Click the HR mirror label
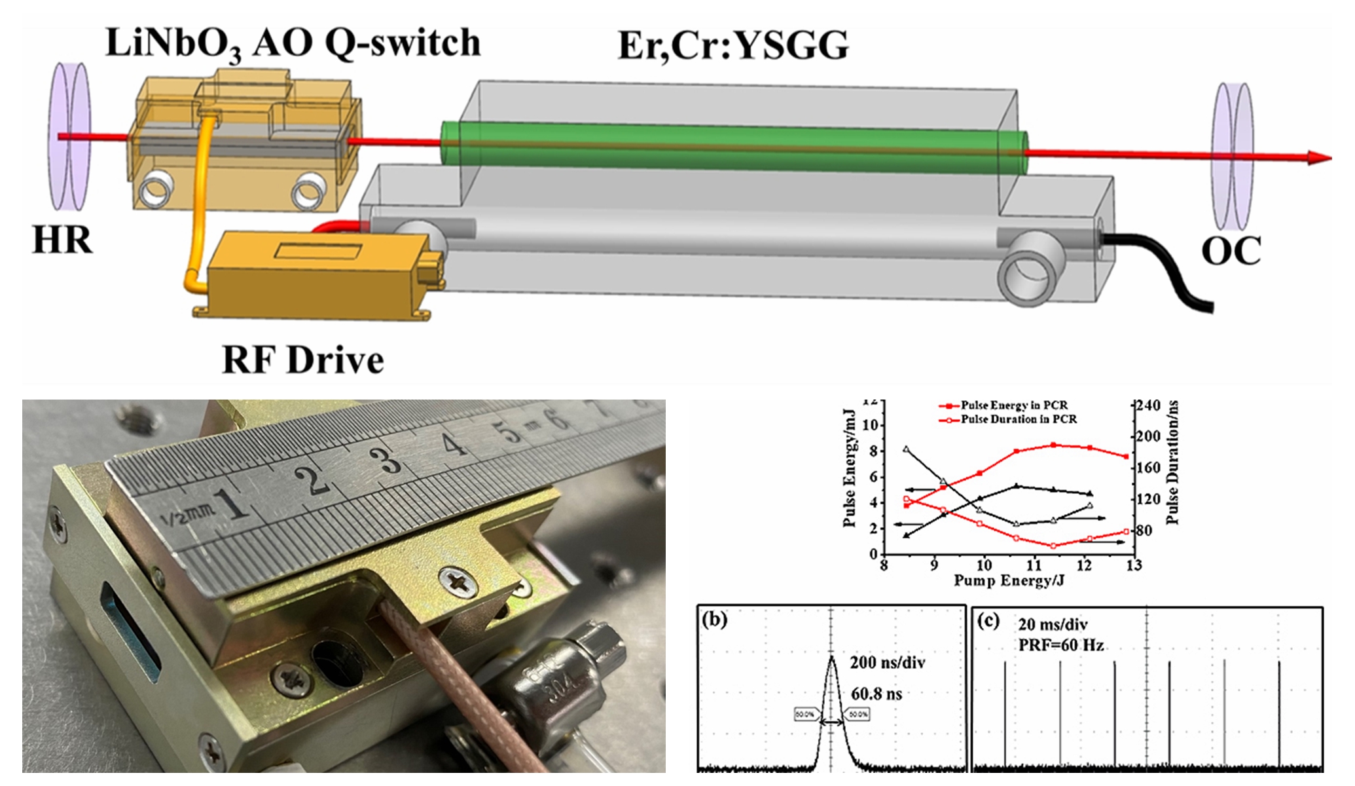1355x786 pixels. [62, 240]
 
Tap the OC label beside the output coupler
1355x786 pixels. [1231, 251]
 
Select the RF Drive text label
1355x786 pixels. [302, 360]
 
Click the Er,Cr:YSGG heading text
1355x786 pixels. [733, 46]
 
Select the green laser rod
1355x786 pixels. [733, 147]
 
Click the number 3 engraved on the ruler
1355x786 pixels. [390, 458]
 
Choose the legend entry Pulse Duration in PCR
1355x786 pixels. [1018, 419]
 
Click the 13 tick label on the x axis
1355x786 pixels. [1133, 565]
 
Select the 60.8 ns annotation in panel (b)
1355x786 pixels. [876, 694]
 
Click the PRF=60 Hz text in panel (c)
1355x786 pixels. [1060, 645]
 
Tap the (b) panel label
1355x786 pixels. [714, 619]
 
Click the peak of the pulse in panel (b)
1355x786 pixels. [831, 657]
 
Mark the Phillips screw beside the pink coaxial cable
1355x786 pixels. [456, 580]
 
